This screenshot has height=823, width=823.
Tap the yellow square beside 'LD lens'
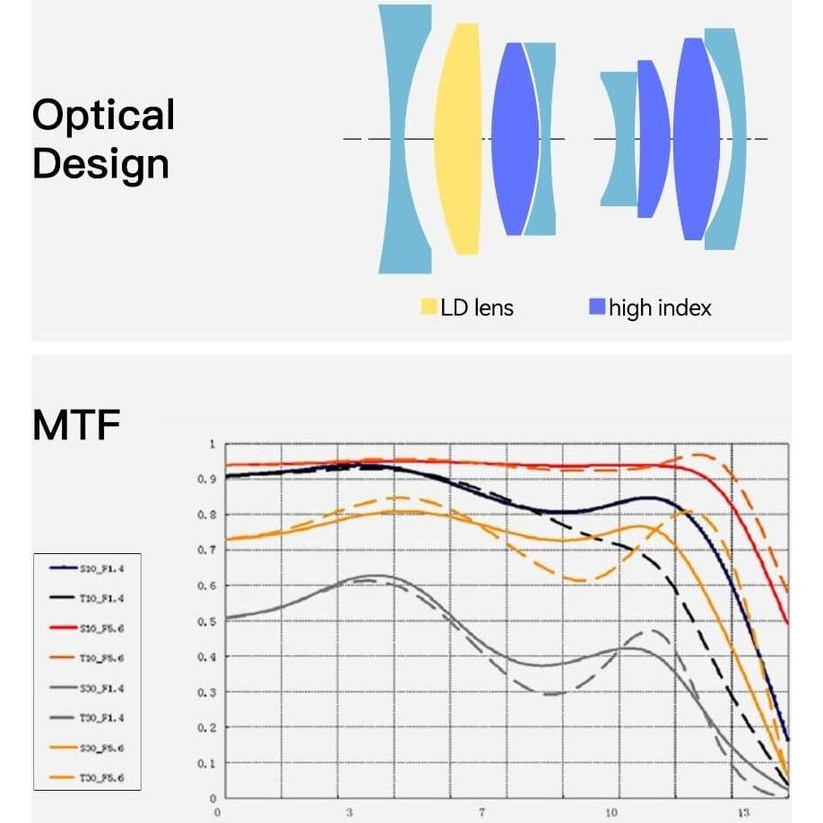point(429,308)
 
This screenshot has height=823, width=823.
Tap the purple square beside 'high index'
point(597,308)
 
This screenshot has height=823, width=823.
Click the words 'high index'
point(660,308)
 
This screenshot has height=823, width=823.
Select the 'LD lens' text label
point(477,308)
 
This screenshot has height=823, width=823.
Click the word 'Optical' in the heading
point(103,116)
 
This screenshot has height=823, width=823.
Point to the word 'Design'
point(100,164)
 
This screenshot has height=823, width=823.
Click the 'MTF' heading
point(76,426)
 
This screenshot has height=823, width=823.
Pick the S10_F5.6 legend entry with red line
point(87,628)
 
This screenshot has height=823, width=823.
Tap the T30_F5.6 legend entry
point(87,778)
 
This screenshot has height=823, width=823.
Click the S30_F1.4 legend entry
point(87,688)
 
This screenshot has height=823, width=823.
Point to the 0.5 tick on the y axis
point(207,621)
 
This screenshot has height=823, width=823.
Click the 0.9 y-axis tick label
point(207,480)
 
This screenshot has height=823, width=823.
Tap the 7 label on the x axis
point(481,812)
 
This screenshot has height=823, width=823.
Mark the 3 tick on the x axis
point(349,812)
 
